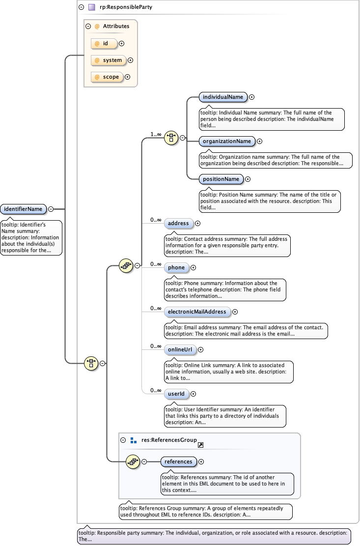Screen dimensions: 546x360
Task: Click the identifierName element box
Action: [x=24, y=209]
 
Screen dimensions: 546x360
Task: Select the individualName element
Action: [x=222, y=97]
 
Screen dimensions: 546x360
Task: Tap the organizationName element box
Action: [x=226, y=142]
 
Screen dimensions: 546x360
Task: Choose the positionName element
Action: [x=221, y=179]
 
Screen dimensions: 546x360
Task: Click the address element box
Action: [x=178, y=224]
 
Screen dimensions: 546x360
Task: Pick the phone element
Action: [x=176, y=268]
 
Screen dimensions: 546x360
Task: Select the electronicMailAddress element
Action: [x=196, y=312]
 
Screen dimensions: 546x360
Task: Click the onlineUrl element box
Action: [x=180, y=350]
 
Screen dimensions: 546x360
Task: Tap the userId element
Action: [x=175, y=394]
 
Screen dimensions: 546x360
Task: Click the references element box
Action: [x=178, y=462]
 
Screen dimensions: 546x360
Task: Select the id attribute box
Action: [x=105, y=44]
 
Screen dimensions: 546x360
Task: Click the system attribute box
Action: [x=108, y=60]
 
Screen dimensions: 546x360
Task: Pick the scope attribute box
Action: [x=107, y=77]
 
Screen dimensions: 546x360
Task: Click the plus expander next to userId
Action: [x=193, y=394]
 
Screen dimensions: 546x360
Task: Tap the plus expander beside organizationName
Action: [x=260, y=142]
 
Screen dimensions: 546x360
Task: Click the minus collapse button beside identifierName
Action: [x=51, y=209]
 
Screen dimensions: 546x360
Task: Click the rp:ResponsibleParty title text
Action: [x=118, y=7]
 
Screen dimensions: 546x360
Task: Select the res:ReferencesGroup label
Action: [x=169, y=440]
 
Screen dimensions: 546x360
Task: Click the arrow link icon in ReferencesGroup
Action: [x=200, y=445]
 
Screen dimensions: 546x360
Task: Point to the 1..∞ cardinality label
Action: [x=156, y=134]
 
